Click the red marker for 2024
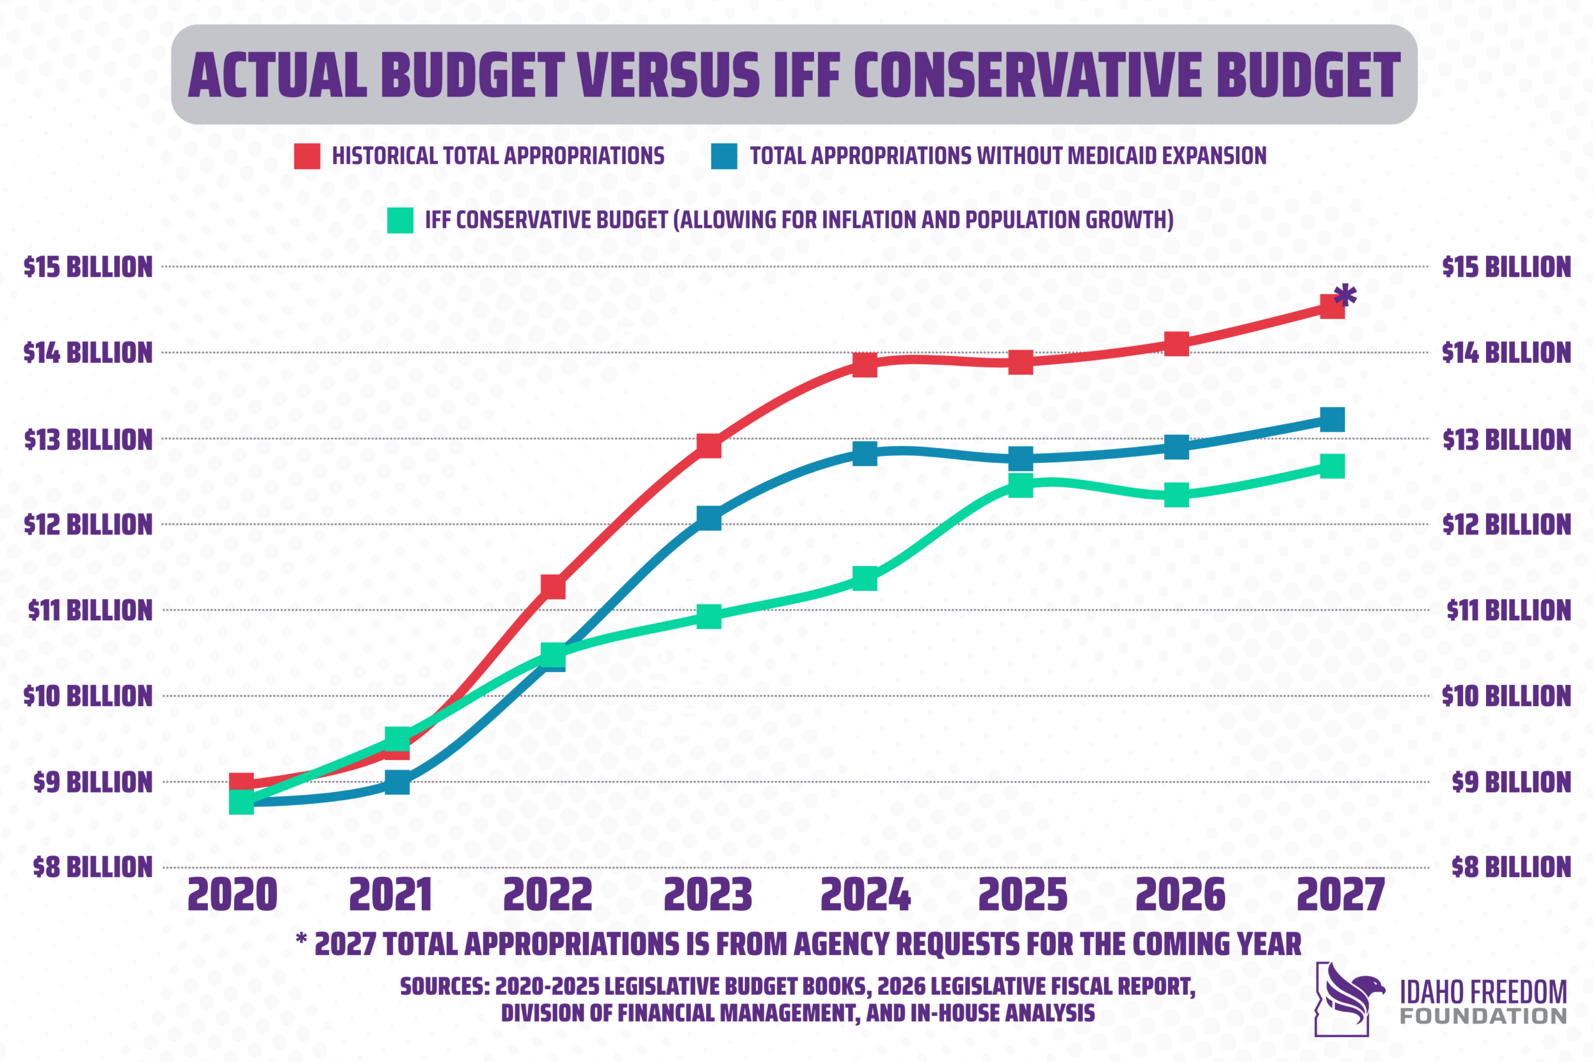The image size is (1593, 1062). tap(865, 365)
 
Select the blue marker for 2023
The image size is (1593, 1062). tap(709, 518)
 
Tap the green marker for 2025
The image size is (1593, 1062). tap(1021, 485)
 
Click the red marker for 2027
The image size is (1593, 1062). tap(1332, 307)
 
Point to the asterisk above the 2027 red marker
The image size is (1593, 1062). tap(1345, 296)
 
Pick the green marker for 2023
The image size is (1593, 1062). tap(709, 617)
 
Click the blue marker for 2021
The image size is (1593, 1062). tap(398, 782)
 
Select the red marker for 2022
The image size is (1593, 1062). tap(553, 587)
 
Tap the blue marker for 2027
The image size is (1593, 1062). tap(1332, 420)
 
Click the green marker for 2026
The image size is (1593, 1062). tap(1177, 495)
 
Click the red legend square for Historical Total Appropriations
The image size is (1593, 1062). tap(307, 156)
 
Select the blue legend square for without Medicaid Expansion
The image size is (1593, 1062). tap(724, 156)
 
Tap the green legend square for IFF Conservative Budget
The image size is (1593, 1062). tap(400, 220)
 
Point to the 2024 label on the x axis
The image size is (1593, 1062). tap(865, 895)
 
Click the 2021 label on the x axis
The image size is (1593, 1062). tap(391, 895)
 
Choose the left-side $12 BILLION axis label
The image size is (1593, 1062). tap(88, 525)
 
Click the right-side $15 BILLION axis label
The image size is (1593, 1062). tap(1506, 267)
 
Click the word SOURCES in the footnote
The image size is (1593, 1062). tap(444, 986)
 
